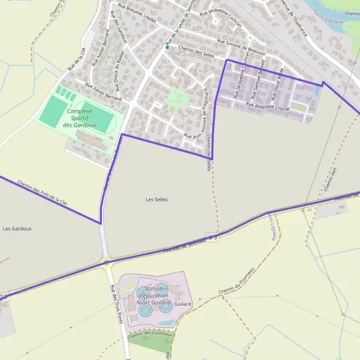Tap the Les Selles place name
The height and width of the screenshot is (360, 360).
(157, 199)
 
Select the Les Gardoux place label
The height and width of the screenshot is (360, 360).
(17, 229)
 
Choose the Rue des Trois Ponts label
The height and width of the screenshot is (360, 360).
(117, 305)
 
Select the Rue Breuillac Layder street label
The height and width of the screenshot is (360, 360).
(137, 13)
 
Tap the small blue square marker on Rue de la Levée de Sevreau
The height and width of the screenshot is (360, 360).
(167, 47)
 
